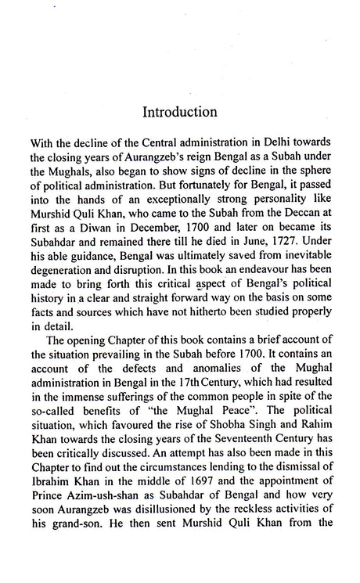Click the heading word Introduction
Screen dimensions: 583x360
pyautogui.click(x=179, y=112)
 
